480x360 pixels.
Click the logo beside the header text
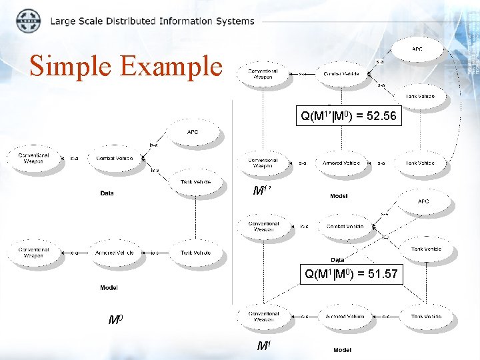click(27, 21)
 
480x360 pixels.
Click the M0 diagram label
click(115, 320)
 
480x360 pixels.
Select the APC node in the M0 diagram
click(192, 132)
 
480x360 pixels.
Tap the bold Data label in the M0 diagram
click(107, 193)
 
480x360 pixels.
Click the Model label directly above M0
click(109, 288)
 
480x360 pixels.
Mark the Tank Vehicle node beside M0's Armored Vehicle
click(195, 253)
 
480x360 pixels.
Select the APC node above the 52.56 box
click(417, 49)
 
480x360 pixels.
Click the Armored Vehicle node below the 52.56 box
click(341, 163)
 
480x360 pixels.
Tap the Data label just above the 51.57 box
click(337, 260)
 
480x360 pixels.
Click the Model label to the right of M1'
click(339, 196)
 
